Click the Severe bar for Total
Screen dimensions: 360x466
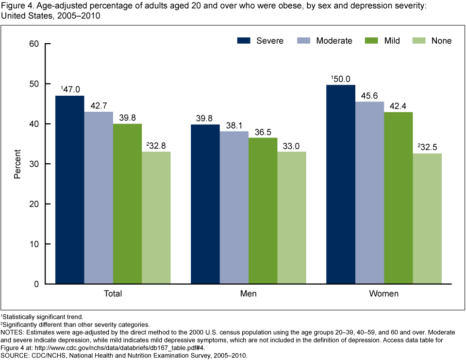[69, 189]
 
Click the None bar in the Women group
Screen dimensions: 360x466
[427, 219]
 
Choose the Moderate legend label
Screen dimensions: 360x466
[334, 41]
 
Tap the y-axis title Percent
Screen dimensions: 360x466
[17, 164]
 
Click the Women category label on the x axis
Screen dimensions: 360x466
[384, 294]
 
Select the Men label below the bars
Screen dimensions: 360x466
[248, 294]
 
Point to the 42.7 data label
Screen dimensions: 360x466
[98, 105]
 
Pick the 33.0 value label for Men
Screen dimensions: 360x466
[292, 145]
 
